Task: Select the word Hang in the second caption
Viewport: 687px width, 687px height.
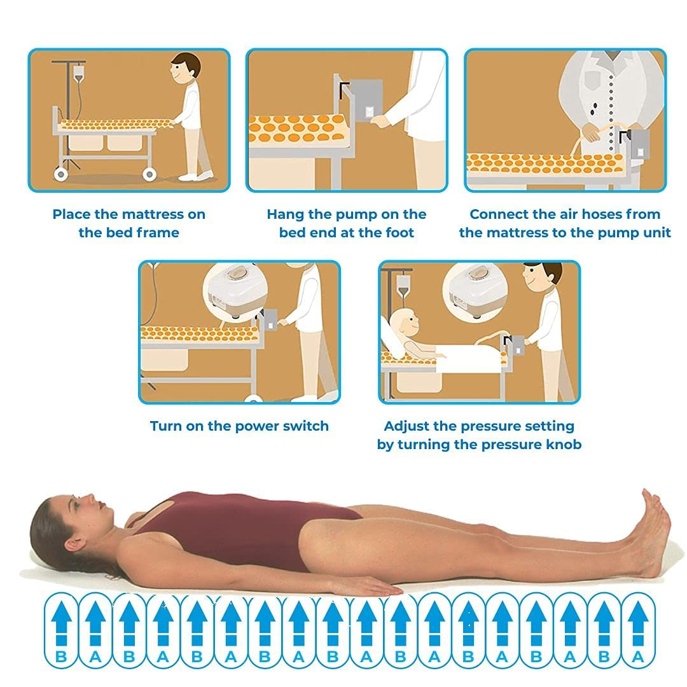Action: (286, 215)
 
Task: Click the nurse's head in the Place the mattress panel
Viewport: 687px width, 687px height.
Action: (185, 68)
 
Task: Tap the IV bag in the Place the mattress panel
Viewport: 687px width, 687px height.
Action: (78, 74)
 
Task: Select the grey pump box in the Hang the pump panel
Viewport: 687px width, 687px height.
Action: (366, 101)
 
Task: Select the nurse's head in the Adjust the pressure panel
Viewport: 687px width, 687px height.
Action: (543, 279)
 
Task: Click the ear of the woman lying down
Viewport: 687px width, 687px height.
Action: (73, 543)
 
